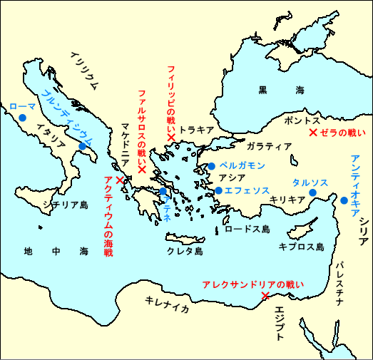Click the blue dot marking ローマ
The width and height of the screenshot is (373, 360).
[x=23, y=118]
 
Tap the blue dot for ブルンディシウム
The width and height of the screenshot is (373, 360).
[x=83, y=146]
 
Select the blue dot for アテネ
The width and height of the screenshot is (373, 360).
[x=163, y=191]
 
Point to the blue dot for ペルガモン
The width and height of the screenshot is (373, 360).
[x=211, y=166]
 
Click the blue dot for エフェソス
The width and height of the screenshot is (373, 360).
[x=218, y=190]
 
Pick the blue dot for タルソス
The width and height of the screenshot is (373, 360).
[x=312, y=192]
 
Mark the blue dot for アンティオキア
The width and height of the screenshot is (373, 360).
[x=344, y=200]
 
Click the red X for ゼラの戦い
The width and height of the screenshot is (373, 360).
[x=312, y=132]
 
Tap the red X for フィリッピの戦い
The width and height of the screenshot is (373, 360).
[x=171, y=137]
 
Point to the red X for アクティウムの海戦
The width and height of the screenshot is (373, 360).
[x=119, y=180]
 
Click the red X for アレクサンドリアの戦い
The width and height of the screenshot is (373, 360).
[x=265, y=295]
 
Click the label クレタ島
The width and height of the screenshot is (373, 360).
[x=185, y=252]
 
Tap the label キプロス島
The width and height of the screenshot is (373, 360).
[x=302, y=247]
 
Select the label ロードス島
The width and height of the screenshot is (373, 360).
[x=247, y=229]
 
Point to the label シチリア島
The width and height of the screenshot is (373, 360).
[x=65, y=205]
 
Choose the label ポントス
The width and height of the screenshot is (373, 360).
[x=302, y=120]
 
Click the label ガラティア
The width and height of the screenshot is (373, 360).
[x=269, y=146]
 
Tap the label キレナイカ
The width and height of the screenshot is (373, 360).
[x=166, y=303]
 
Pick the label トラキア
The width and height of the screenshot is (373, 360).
[x=197, y=130]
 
